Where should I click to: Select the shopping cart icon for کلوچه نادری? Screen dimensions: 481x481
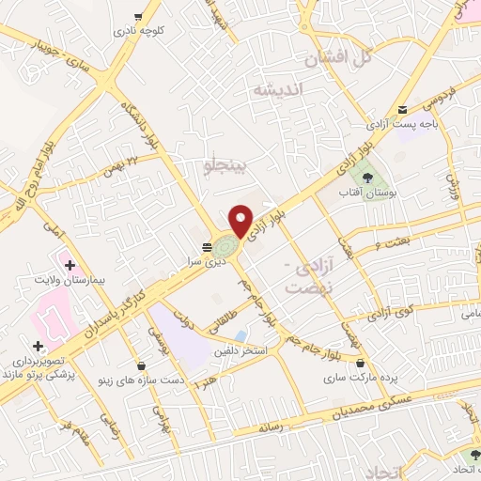[139, 16]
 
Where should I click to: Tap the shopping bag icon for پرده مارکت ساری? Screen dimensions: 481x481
[361, 361]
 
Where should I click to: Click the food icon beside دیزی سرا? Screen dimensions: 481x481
[206, 246]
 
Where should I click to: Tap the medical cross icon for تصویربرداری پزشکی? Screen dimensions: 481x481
[37, 346]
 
